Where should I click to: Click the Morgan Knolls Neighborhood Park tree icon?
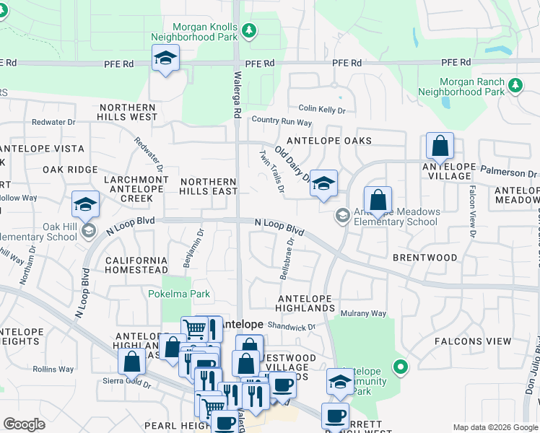[249, 30]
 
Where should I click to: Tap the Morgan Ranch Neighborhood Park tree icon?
[515, 86]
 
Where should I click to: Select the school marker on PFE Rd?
[165, 58]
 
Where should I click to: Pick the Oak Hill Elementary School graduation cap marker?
[85, 205]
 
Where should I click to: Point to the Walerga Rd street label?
[237, 95]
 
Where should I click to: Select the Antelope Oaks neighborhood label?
[328, 141]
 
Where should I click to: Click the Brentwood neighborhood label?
[425, 258]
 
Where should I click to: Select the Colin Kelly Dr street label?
[321, 110]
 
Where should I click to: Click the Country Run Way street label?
[282, 123]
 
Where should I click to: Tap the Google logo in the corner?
[24, 424]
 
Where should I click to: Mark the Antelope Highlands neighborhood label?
[307, 303]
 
